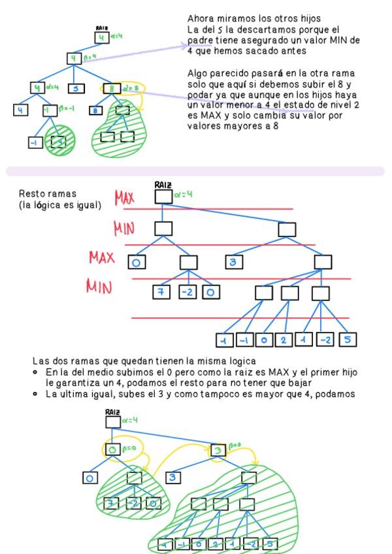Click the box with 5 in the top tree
pyautogui.click(x=76, y=88)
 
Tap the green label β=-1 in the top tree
pyautogui.click(x=66, y=110)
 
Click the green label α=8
pyautogui.click(x=131, y=88)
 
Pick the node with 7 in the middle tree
pyautogui.click(x=160, y=292)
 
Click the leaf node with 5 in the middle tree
pyautogui.click(x=348, y=340)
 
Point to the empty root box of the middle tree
pyautogui.click(x=163, y=196)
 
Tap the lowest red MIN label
pyautogui.click(x=100, y=287)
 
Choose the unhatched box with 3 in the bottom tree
pyautogui.click(x=174, y=478)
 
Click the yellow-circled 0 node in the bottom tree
pyautogui.click(x=112, y=450)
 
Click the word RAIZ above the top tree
pyautogui.click(x=101, y=28)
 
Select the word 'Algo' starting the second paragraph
pyautogui.click(x=197, y=73)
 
